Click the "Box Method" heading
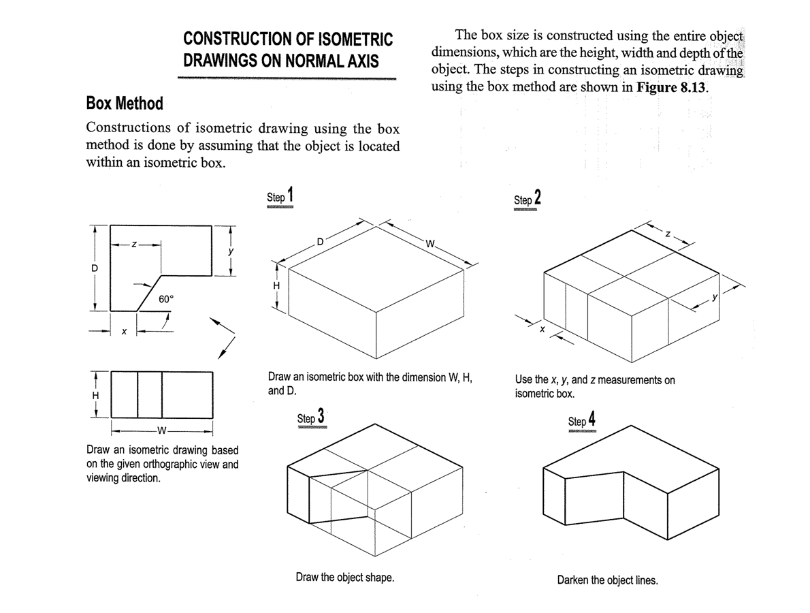point(125,104)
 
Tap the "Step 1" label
point(280,195)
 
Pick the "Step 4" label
point(582,420)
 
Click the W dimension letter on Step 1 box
point(429,245)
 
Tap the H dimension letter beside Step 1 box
point(276,286)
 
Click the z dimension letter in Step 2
point(668,235)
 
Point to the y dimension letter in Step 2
point(715,297)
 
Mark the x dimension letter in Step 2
point(542,330)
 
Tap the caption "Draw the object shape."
point(345,578)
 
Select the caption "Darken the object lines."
point(607,580)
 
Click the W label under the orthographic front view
point(161,430)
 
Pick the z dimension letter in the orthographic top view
point(134,243)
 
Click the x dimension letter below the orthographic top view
point(123,332)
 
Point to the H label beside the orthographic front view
point(95,394)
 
